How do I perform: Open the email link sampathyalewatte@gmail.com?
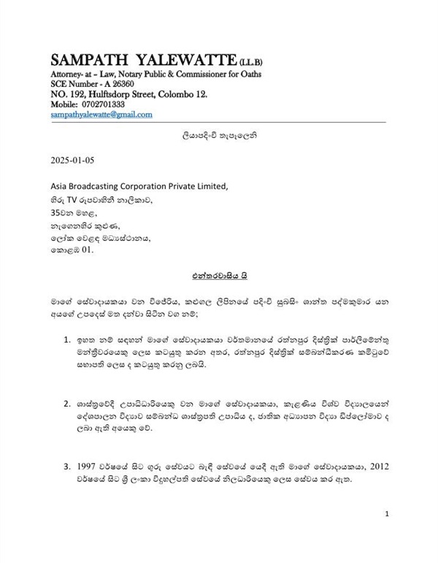click(101, 115)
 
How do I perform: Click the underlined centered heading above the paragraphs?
click(219, 276)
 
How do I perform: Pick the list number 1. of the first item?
click(69, 341)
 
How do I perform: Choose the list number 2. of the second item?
click(69, 402)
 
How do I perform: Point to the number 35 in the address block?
click(57, 213)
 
